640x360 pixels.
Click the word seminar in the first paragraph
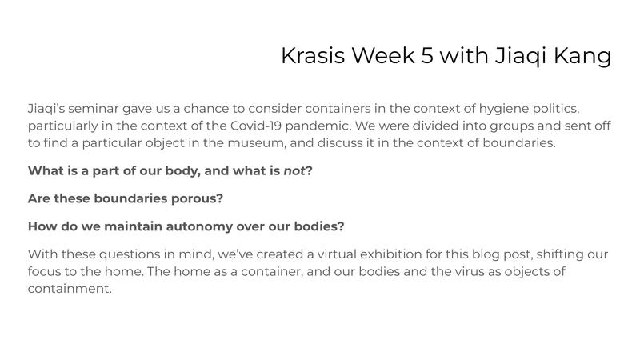click(x=94, y=108)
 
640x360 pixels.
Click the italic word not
click(x=294, y=170)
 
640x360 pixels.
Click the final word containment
click(x=69, y=290)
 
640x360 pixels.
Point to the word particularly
click(x=64, y=126)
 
